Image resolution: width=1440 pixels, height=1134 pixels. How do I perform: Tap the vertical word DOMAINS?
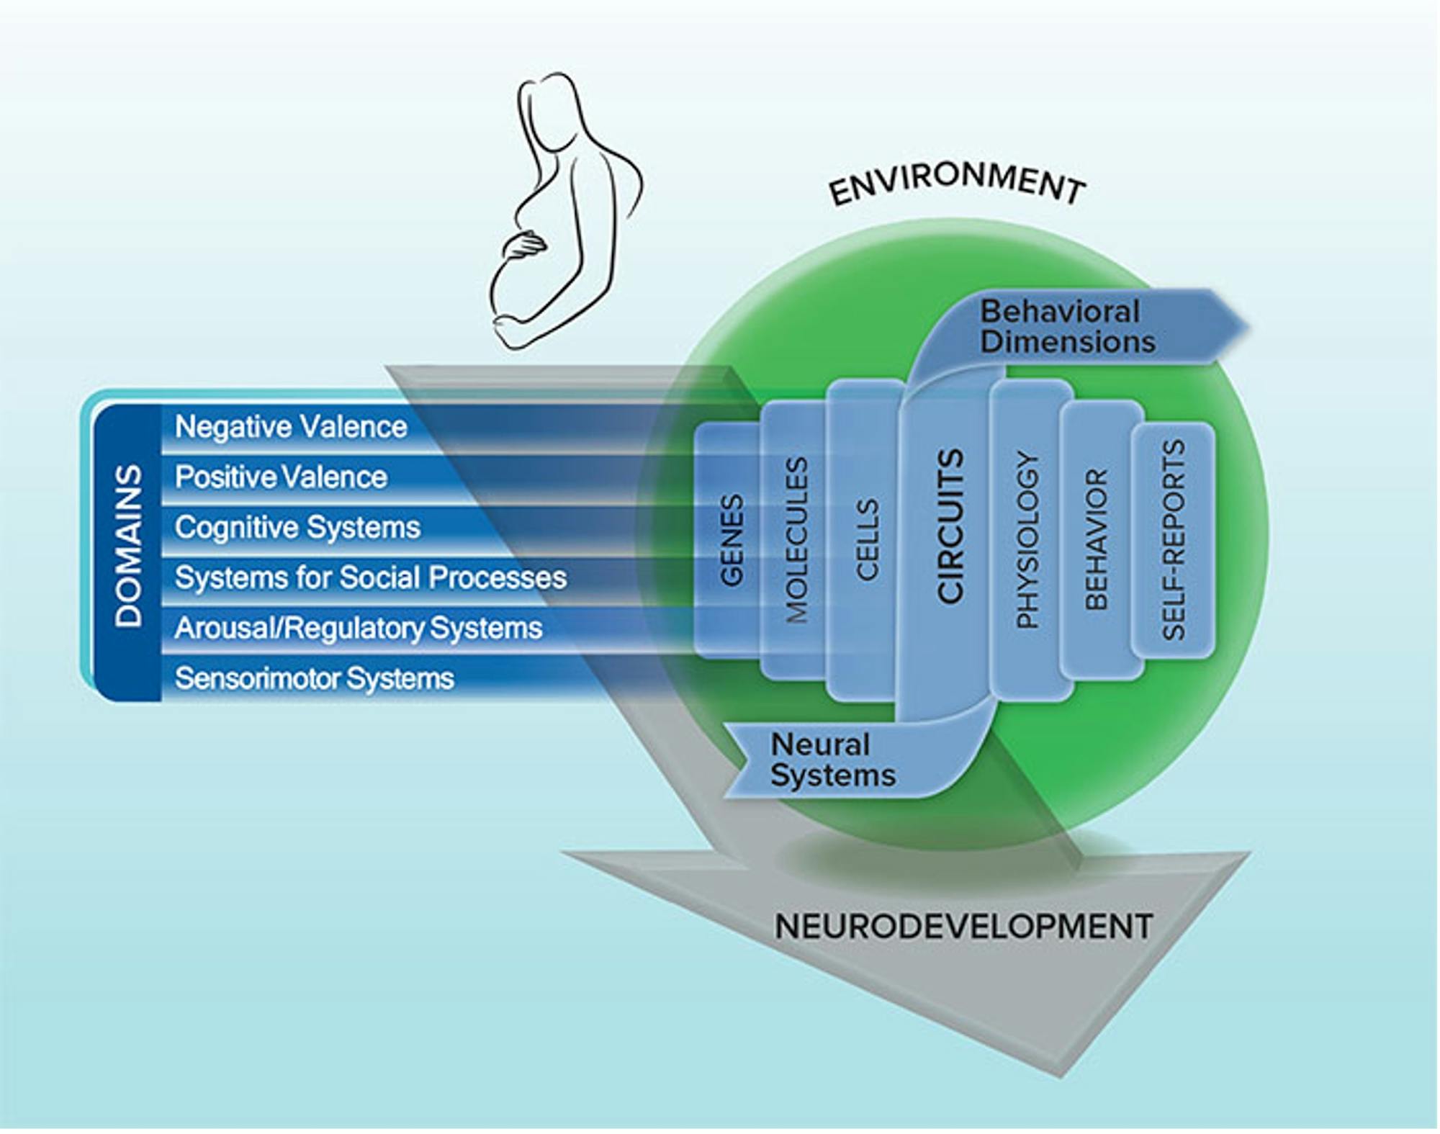pyautogui.click(x=129, y=545)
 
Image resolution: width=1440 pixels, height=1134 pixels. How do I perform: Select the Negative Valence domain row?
pyautogui.click(x=291, y=427)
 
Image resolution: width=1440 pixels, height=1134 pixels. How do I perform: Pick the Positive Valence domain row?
pyautogui.click(x=281, y=477)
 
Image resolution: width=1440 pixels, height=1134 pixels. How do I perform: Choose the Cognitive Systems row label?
pyautogui.click(x=297, y=528)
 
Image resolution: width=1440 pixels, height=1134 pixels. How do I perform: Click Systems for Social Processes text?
pyautogui.click(x=371, y=577)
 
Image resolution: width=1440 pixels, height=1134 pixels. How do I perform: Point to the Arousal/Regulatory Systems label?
pyautogui.click(x=358, y=628)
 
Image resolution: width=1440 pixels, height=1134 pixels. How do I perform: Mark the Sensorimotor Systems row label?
pyautogui.click(x=314, y=678)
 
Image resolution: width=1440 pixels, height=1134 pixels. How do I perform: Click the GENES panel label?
pyautogui.click(x=731, y=540)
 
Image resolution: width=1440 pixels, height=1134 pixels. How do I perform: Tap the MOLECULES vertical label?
pyautogui.click(x=796, y=540)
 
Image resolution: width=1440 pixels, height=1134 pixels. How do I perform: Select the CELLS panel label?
pyautogui.click(x=867, y=540)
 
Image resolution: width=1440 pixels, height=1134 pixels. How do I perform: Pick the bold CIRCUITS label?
pyautogui.click(x=950, y=526)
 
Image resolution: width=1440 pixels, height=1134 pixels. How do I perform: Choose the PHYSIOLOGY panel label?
pyautogui.click(x=1027, y=540)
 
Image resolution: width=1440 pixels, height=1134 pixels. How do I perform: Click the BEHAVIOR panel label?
pyautogui.click(x=1096, y=540)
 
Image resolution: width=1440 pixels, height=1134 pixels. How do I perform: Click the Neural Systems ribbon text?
pyautogui.click(x=832, y=760)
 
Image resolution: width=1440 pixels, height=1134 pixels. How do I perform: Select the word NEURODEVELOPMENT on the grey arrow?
pyautogui.click(x=963, y=927)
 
